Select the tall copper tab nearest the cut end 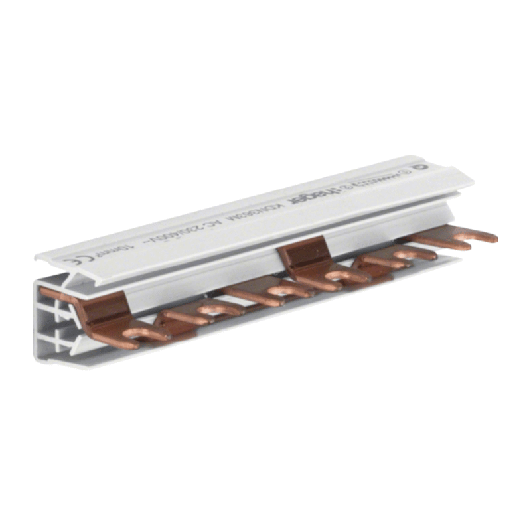tap(106, 309)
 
